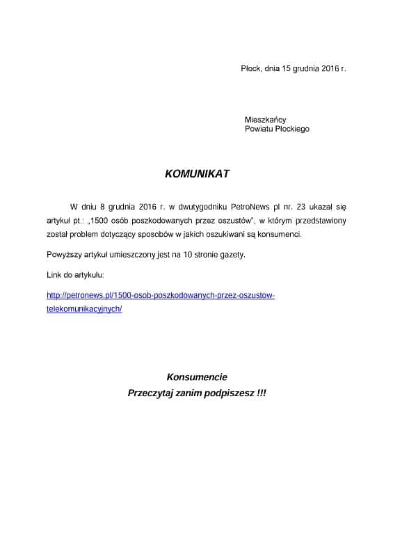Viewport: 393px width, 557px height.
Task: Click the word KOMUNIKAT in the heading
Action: [x=197, y=174]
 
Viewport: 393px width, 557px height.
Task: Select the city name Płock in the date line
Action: [x=250, y=69]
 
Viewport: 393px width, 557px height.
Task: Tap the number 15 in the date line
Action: [x=287, y=69]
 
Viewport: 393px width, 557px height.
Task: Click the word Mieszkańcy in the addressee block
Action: [x=265, y=120]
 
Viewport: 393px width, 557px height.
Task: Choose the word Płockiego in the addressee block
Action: [x=292, y=129]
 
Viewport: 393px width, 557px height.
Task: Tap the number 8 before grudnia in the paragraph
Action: [x=103, y=207]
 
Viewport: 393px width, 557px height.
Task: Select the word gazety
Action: [x=232, y=254]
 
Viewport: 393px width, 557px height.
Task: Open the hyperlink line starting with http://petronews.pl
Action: [x=160, y=295]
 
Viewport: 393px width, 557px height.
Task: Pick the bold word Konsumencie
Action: [x=197, y=377]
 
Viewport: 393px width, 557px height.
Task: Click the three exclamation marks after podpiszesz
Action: [x=261, y=393]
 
